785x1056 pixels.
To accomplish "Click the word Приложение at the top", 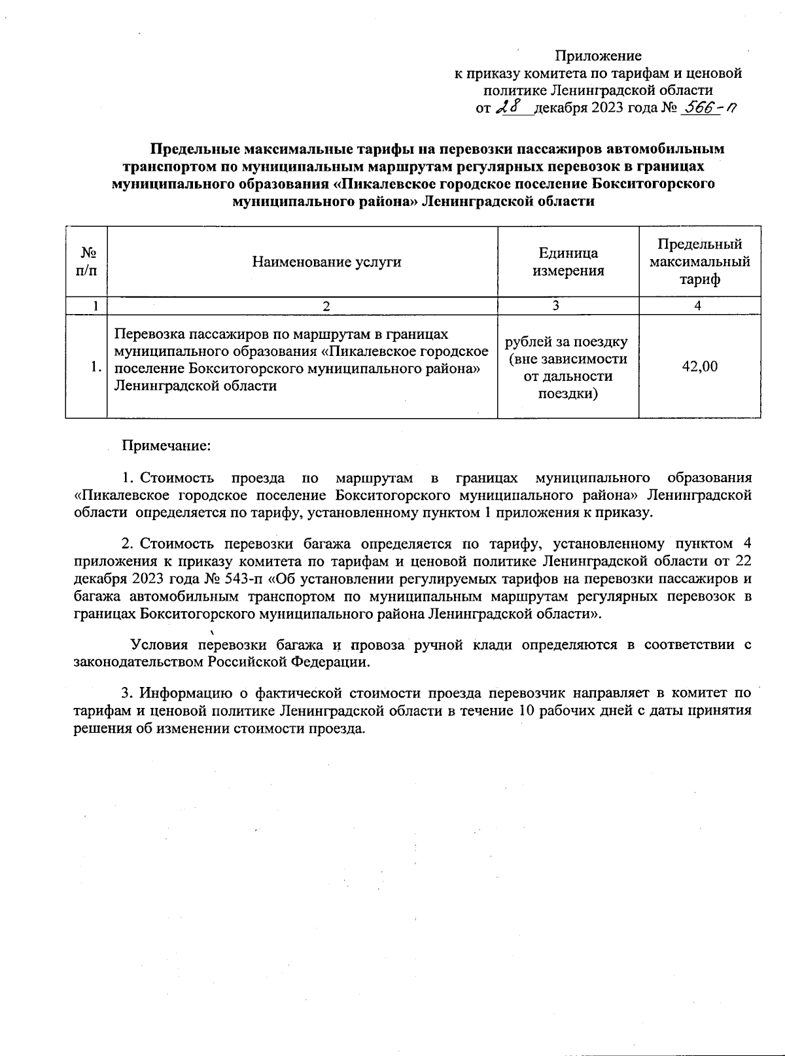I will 598,56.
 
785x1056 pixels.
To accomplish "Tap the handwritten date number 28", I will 510,108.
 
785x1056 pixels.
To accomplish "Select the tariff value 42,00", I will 699,366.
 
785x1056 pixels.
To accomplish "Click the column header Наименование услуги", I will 326,262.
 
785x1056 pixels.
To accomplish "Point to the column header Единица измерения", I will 568,262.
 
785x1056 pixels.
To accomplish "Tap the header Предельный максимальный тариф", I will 699,262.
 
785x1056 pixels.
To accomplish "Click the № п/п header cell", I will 86,262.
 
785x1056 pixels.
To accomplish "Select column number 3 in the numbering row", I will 555,306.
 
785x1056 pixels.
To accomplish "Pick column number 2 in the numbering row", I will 326,306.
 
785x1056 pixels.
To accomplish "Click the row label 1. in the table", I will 96,366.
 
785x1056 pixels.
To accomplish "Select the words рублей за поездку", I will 567,342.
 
